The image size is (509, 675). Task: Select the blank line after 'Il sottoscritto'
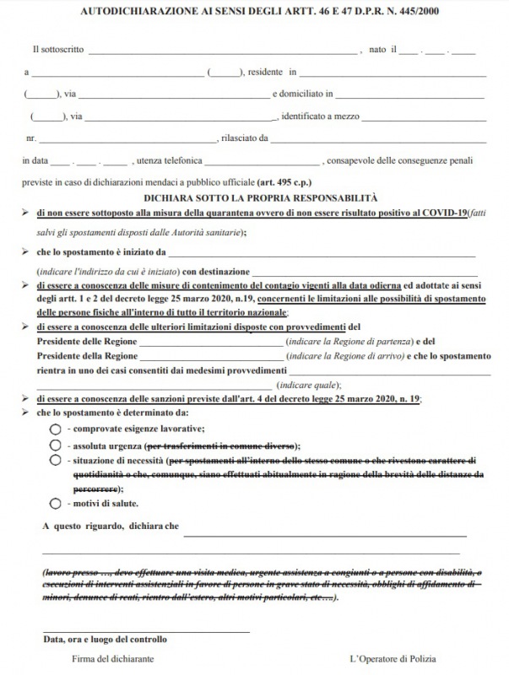[x=224, y=52]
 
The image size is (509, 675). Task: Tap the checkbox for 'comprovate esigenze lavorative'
[x=55, y=429]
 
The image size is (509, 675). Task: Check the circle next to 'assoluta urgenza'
[x=55, y=445]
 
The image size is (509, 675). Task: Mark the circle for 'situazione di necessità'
[x=55, y=460]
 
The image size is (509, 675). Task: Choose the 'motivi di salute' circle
[x=55, y=503]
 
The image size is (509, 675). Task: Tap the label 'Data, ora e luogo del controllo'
[x=105, y=640]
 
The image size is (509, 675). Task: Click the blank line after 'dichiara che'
[x=325, y=534]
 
